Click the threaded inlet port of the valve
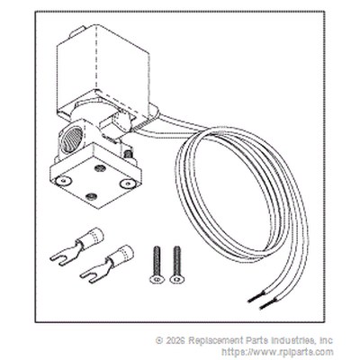pyautogui.click(x=72, y=137)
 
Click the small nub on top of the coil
pyautogui.click(x=77, y=31)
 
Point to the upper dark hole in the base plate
pyautogui.click(x=98, y=168)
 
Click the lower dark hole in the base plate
pyautogui.click(x=89, y=197)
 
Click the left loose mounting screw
pyautogui.click(x=157, y=265)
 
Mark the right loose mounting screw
pyautogui.click(x=177, y=265)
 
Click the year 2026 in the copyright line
pyautogui.click(x=175, y=340)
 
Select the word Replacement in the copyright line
pyautogui.click(x=214, y=341)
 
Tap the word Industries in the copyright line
pyautogui.click(x=292, y=340)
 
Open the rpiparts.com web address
pyautogui.click(x=277, y=352)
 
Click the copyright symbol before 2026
pyautogui.click(x=159, y=340)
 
